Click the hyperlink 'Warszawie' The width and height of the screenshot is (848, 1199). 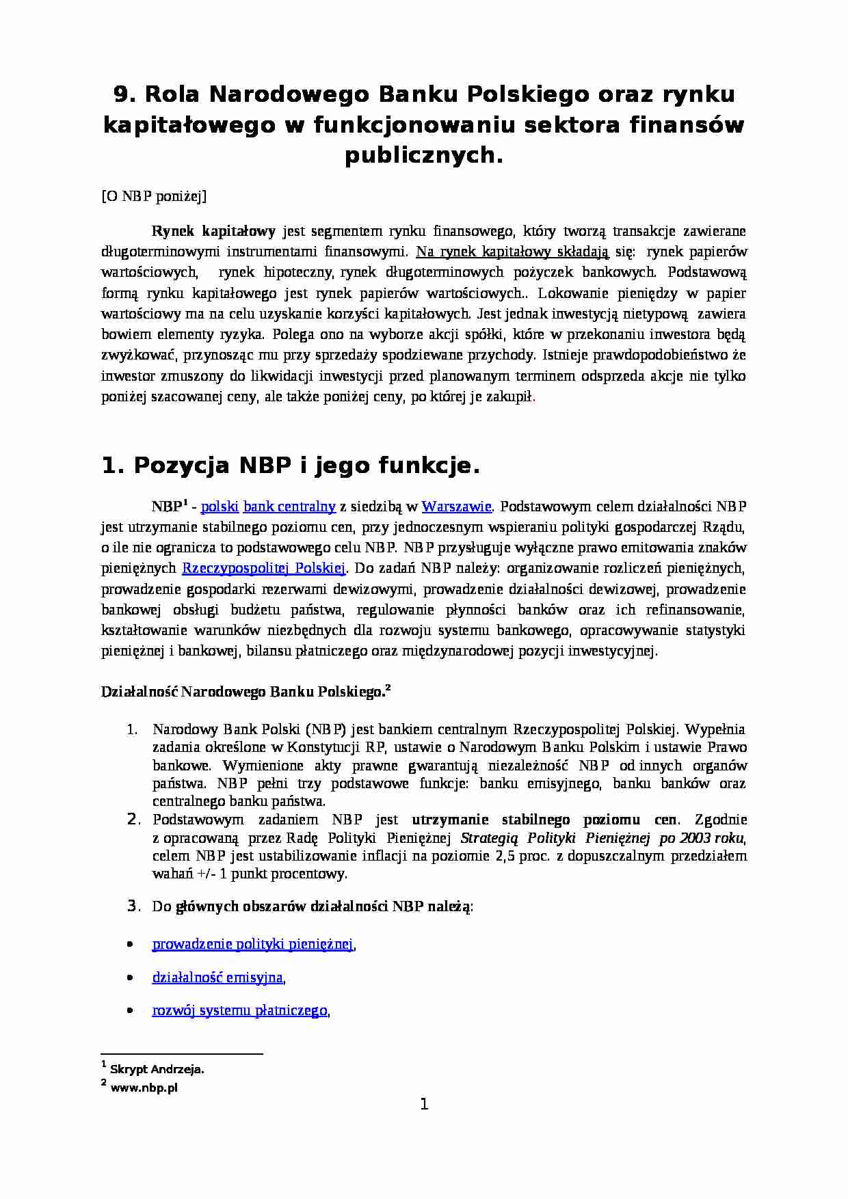[x=456, y=507]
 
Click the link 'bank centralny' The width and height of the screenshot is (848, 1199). [x=289, y=507]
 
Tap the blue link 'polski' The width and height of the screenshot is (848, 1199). [x=220, y=507]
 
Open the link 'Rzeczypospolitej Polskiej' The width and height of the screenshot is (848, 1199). [x=264, y=568]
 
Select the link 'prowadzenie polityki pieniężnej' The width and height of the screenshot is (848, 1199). [x=252, y=944]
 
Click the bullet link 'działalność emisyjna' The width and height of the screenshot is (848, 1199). [x=217, y=978]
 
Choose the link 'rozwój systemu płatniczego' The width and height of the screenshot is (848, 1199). [x=239, y=1010]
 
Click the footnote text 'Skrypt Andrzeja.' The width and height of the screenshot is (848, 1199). [x=157, y=1070]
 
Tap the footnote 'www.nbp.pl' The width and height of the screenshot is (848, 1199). [x=144, y=1088]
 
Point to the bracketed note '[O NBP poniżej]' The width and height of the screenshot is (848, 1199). [x=154, y=197]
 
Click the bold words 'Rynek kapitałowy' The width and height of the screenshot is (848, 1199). [x=213, y=231]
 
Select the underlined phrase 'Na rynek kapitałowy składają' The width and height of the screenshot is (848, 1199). [x=512, y=252]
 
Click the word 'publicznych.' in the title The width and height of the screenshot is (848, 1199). [x=423, y=155]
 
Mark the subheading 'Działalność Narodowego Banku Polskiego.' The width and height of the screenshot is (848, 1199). [x=243, y=692]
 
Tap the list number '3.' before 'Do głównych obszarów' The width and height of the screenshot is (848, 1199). [x=134, y=906]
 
